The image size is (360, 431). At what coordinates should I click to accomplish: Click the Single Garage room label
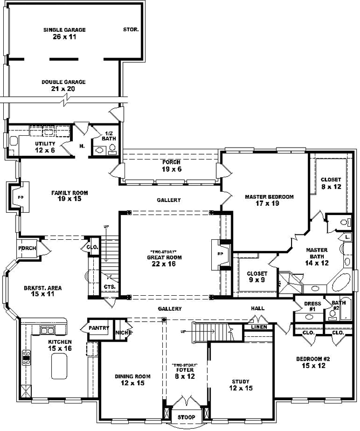(x=65, y=33)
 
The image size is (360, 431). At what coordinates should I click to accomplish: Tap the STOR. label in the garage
(x=131, y=30)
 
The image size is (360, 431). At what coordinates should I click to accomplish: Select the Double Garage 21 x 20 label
(x=64, y=85)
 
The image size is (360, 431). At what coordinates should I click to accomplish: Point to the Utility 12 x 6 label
(x=45, y=147)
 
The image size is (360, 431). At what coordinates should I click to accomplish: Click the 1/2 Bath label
(x=109, y=136)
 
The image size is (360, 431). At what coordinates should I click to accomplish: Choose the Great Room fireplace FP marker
(x=220, y=253)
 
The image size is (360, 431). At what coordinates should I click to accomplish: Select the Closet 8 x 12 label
(x=330, y=183)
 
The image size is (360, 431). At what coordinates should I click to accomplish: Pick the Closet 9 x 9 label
(x=257, y=276)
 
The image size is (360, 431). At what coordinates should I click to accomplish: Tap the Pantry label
(x=99, y=328)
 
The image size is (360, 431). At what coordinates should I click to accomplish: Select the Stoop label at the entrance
(x=186, y=417)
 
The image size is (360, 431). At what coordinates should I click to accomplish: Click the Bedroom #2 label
(x=313, y=362)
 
